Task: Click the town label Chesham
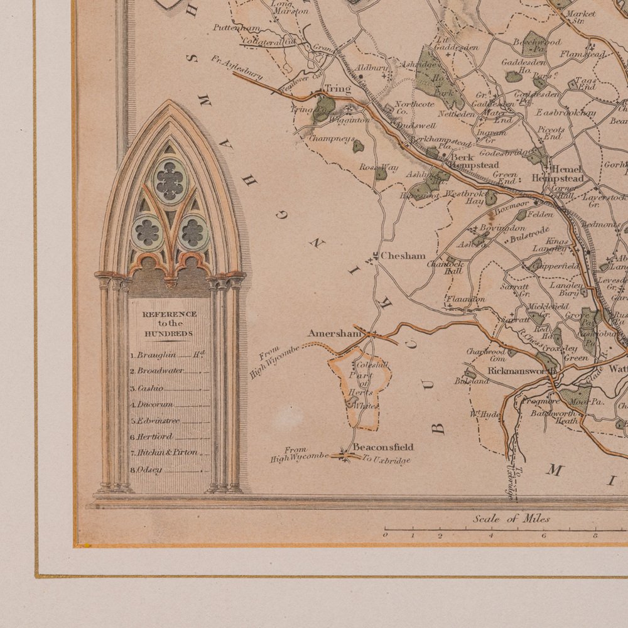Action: (403, 256)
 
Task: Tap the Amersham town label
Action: (335, 333)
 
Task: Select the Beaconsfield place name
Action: (383, 447)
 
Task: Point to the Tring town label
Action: (337, 89)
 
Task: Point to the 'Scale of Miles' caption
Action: (512, 519)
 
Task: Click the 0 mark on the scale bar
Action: (386, 535)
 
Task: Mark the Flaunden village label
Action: (465, 300)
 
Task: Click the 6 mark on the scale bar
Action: (544, 536)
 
